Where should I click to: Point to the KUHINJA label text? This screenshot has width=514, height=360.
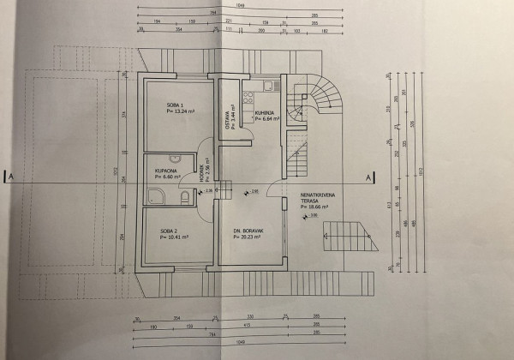tap(265, 112)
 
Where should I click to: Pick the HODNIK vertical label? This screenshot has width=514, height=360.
tap(203, 174)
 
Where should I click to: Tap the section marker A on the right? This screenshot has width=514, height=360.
tap(368, 177)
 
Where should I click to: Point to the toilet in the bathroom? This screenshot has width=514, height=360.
tap(184, 197)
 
